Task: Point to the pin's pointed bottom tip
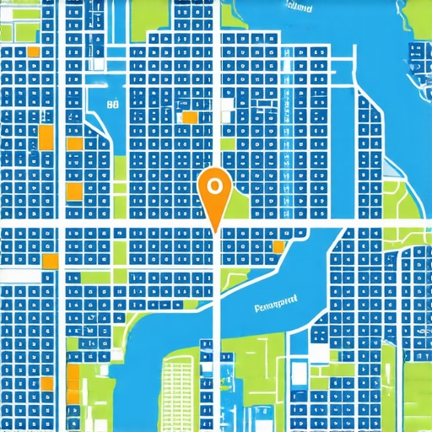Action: [216, 229]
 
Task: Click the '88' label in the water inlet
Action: [112, 105]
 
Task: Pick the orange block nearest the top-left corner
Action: [34, 51]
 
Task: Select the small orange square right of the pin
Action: [278, 246]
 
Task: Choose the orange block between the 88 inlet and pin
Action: [189, 117]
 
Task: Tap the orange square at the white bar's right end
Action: [50, 261]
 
